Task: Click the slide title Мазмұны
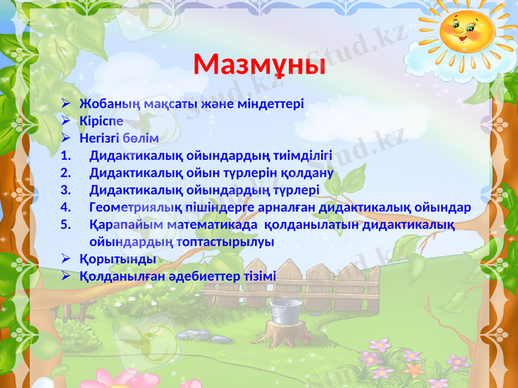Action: pyautogui.click(x=259, y=64)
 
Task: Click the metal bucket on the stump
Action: pyautogui.click(x=286, y=311)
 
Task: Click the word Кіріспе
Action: pyautogui.click(x=100, y=120)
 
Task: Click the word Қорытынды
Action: pyautogui.click(x=117, y=259)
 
